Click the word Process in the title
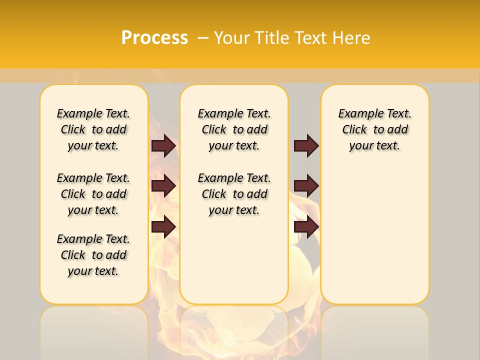[x=154, y=38]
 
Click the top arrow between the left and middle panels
[x=163, y=145]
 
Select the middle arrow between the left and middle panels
[x=163, y=186]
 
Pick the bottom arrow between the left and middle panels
[x=163, y=227]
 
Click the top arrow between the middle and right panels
[x=306, y=145]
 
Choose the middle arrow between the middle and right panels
[x=306, y=186]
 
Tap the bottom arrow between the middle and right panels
[x=306, y=227]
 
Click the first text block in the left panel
[x=93, y=129]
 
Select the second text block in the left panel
[x=93, y=194]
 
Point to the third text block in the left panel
[x=93, y=255]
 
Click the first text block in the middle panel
[x=234, y=129]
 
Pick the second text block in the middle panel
[x=234, y=194]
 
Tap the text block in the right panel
[x=374, y=129]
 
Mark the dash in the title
[x=203, y=38]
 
